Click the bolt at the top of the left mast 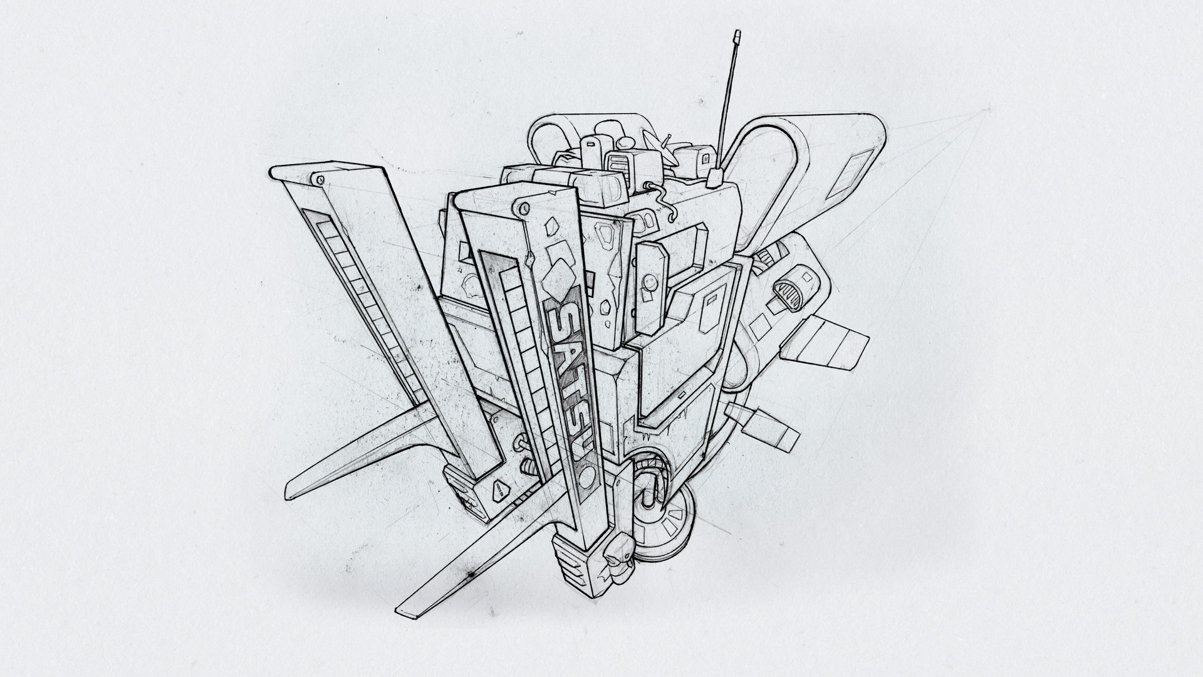pyautogui.click(x=321, y=179)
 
